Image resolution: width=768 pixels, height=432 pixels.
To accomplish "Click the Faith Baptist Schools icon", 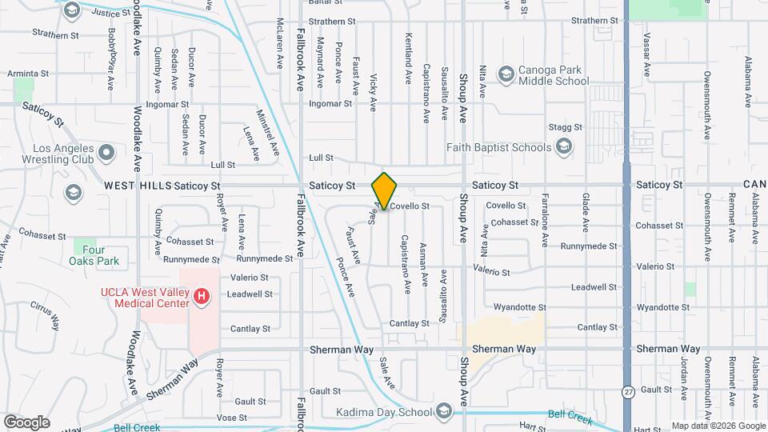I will coord(564,146).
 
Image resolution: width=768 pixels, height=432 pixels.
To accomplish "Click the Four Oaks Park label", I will coord(105,255).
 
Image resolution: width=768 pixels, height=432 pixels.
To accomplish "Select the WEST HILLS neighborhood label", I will coord(138,186).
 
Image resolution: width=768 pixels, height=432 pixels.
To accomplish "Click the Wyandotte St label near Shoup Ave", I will coord(519,307).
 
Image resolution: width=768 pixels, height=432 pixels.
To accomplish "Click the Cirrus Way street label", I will coord(46,315).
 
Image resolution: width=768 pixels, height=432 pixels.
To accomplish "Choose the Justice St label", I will coord(111,13).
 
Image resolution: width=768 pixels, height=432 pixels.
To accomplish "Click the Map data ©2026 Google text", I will coord(717,426).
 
